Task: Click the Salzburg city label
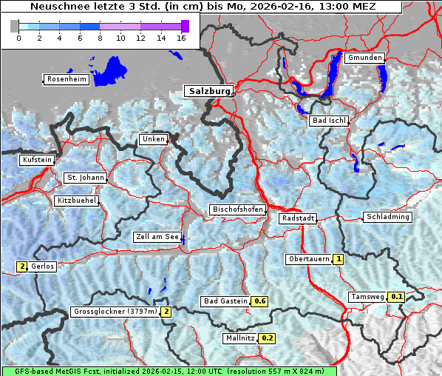(x=208, y=91)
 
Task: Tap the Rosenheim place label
(x=66, y=79)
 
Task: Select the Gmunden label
(x=364, y=58)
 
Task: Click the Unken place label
(x=153, y=139)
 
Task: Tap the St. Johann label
(x=85, y=178)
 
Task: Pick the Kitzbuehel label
(x=76, y=201)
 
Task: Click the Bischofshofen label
(x=237, y=210)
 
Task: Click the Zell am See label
(x=157, y=238)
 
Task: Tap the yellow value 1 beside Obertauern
(x=338, y=259)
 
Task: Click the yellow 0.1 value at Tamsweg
(x=397, y=297)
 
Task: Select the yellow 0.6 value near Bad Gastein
(x=259, y=301)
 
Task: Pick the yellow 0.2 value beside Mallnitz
(x=268, y=338)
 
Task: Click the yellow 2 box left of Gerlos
(x=22, y=266)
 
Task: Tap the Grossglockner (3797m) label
(x=115, y=312)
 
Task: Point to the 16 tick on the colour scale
(x=181, y=37)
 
